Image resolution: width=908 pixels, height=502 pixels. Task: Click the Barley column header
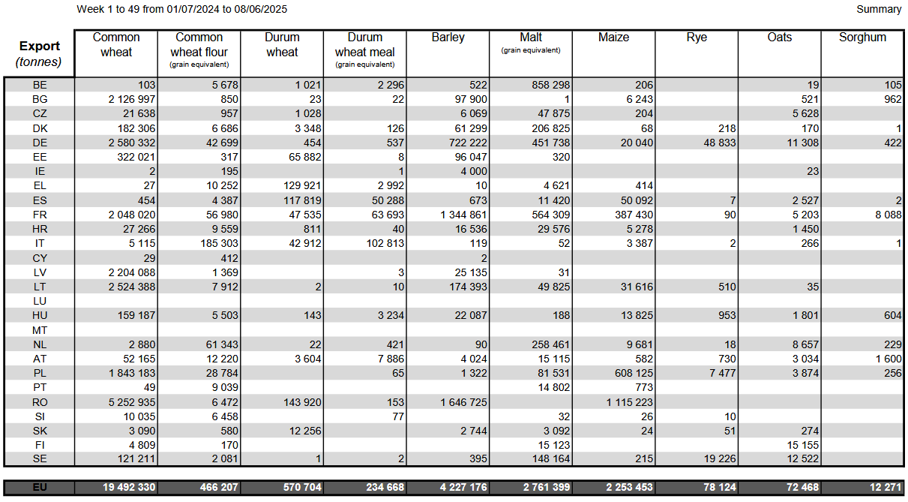[x=448, y=38]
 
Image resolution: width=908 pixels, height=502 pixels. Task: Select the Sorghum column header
[x=862, y=38]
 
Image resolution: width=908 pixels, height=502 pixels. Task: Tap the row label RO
[x=40, y=402]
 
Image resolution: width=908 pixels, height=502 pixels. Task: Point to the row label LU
[x=40, y=301]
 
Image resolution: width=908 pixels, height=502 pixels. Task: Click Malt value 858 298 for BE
[x=551, y=85]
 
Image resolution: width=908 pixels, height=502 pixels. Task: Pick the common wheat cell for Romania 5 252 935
[x=132, y=402]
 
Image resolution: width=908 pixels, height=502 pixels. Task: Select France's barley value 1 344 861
[x=463, y=215]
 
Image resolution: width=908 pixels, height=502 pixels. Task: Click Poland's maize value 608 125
[x=634, y=373]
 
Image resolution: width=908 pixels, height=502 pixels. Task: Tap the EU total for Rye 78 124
[x=720, y=487]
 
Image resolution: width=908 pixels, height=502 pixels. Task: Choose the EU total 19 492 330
[x=129, y=487]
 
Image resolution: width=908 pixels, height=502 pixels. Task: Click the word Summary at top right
[x=879, y=9]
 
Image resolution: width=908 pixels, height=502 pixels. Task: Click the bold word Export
[x=39, y=46]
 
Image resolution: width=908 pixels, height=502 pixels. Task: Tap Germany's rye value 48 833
[x=720, y=143]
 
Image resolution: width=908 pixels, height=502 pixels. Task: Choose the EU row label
[x=40, y=487]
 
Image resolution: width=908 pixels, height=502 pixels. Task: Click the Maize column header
[x=614, y=38]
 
